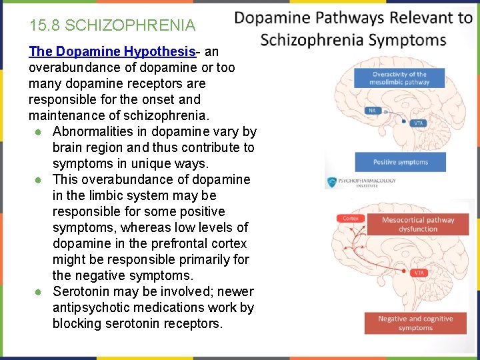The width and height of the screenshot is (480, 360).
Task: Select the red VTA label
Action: coord(418,273)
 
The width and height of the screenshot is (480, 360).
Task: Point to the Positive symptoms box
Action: coord(400,162)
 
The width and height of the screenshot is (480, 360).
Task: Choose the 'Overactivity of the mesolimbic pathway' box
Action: coord(399,78)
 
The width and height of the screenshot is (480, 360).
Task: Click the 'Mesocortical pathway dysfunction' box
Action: coord(418,225)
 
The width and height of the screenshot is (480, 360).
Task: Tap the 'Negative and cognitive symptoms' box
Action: coord(415,323)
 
